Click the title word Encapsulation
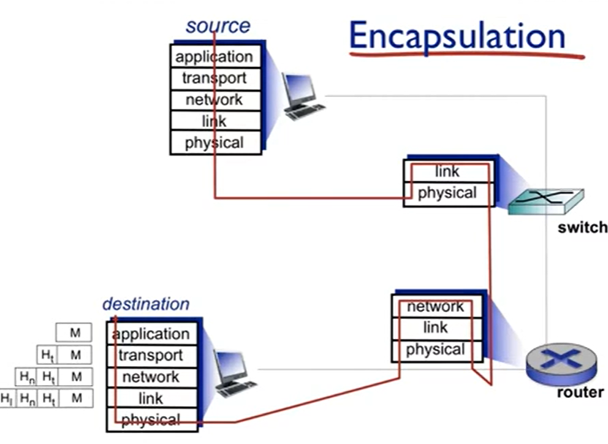coord(457,37)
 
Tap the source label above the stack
coord(217,26)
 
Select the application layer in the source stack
coord(214,57)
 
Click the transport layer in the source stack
coord(214,78)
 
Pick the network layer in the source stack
coord(214,99)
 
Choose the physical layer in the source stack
coord(214,142)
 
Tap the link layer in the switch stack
coord(446,172)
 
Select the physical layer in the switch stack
coord(446,194)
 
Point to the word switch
coord(582,227)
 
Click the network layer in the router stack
coord(435,307)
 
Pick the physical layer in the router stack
coord(435,350)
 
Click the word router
coord(580,393)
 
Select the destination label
coord(145,304)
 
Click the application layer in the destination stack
coord(151,334)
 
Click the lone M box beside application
coord(75,333)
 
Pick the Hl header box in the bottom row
coord(7,398)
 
